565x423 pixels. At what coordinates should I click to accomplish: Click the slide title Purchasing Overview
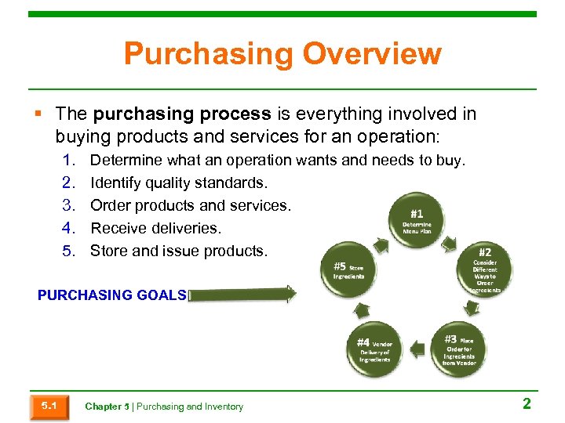[x=282, y=55]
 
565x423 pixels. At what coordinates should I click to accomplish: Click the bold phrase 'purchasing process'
[x=181, y=114]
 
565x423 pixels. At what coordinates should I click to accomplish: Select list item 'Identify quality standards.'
[x=179, y=183]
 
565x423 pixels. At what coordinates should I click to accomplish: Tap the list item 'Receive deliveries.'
[x=156, y=229]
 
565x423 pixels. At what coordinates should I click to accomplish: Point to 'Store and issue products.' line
[x=178, y=251]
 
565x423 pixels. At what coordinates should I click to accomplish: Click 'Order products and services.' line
[x=191, y=206]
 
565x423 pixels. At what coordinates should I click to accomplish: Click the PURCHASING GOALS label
[x=111, y=295]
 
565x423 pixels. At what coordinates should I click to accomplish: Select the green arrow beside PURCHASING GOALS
[x=242, y=295]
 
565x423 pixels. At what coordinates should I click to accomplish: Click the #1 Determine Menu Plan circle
[x=417, y=220]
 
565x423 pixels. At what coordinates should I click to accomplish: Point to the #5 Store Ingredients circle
[x=348, y=269]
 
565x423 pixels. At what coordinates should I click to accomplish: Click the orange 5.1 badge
[x=49, y=406]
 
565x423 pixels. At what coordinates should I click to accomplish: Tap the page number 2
[x=527, y=404]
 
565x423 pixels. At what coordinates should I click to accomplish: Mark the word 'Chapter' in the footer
[x=103, y=407]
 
